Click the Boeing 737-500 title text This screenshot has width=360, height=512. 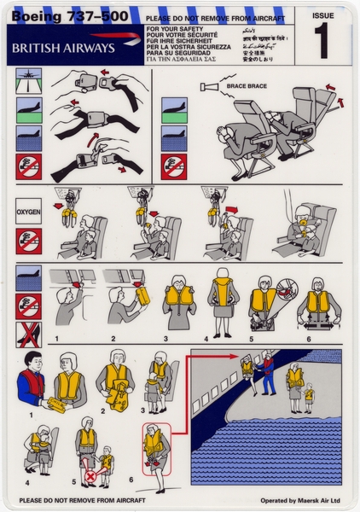(59, 15)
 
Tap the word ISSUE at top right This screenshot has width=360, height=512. (323, 15)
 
